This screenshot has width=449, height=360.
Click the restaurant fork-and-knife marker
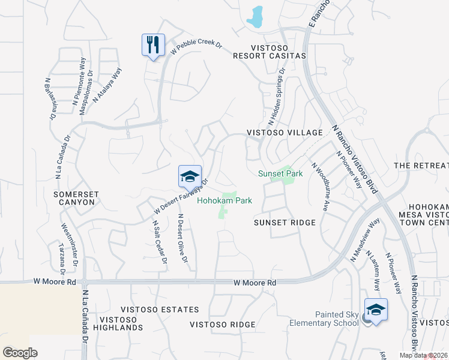coord(153,45)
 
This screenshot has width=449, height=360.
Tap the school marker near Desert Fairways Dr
coord(190,177)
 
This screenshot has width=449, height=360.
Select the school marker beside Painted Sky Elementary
coord(376,310)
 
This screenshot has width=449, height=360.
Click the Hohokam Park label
coord(225,201)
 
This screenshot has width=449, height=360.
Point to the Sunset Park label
coord(280,173)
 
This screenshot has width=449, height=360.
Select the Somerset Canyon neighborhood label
coord(74,199)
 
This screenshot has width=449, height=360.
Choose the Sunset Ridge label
coord(285,223)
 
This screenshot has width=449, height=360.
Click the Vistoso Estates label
coord(158,310)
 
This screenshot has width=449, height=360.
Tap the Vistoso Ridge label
coord(223,325)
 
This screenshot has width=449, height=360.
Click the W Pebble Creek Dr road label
coord(196,49)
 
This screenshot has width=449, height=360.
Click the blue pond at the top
coord(256,17)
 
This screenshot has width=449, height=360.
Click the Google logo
coord(20,352)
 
